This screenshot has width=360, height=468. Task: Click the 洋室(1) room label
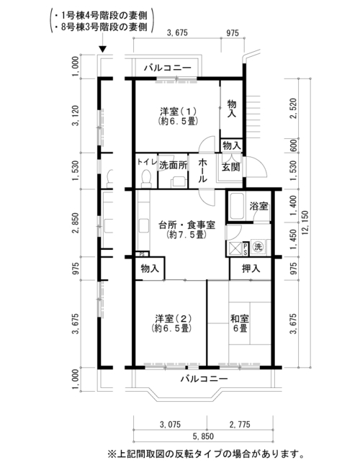(x=179, y=116)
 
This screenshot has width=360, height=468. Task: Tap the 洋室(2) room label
(x=171, y=323)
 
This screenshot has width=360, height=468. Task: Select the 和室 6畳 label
(x=240, y=323)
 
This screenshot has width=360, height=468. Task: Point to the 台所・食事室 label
(x=187, y=229)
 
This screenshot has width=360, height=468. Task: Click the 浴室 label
(x=258, y=206)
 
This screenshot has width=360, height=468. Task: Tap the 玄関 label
(x=231, y=167)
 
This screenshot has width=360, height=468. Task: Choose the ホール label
(x=203, y=171)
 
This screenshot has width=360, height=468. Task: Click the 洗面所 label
(x=173, y=165)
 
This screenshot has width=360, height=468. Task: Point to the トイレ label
(x=147, y=162)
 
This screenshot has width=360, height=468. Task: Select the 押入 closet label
(x=251, y=269)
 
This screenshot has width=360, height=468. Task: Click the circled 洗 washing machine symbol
(x=258, y=246)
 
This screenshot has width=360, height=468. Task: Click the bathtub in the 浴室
(x=237, y=206)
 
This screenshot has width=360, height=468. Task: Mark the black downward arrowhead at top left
(x=102, y=49)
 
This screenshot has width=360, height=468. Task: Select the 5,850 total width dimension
(x=203, y=436)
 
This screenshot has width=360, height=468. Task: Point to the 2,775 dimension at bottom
(x=240, y=424)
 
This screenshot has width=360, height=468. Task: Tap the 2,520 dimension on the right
(x=293, y=108)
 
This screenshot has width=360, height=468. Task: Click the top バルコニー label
(x=168, y=68)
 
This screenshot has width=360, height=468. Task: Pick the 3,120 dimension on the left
(x=76, y=115)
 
